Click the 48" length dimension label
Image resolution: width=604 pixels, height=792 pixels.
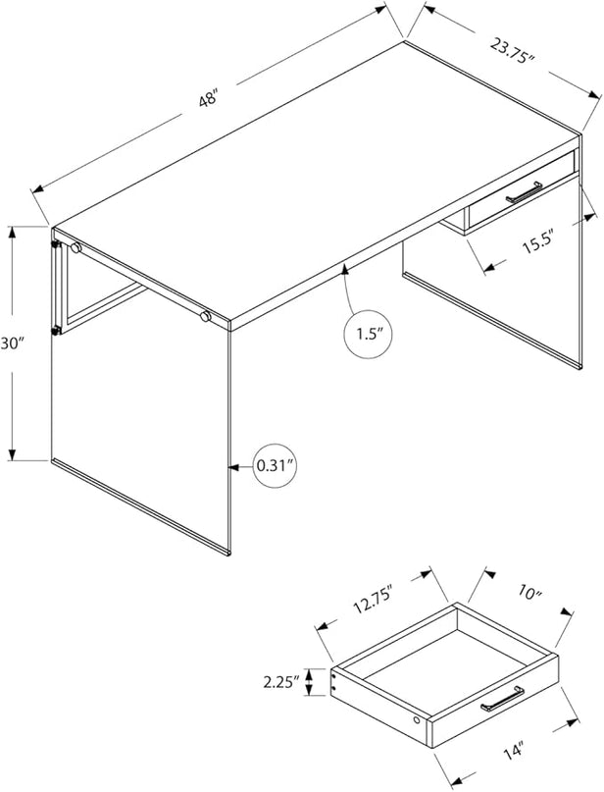pyautogui.click(x=208, y=97)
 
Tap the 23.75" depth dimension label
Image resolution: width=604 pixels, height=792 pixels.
pyautogui.click(x=511, y=49)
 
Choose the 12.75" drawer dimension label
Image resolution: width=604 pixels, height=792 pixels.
pyautogui.click(x=374, y=600)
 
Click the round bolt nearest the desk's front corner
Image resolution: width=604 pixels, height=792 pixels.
pyautogui.click(x=205, y=317)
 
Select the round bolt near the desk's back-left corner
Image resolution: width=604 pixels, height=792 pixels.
pyautogui.click(x=75, y=247)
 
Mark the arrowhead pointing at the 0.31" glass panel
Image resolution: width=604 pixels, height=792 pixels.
pyautogui.click(x=233, y=467)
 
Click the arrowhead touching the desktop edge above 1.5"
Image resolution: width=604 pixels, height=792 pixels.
pyautogui.click(x=344, y=268)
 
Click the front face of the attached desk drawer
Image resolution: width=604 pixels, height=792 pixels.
pyautogui.click(x=522, y=190)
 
